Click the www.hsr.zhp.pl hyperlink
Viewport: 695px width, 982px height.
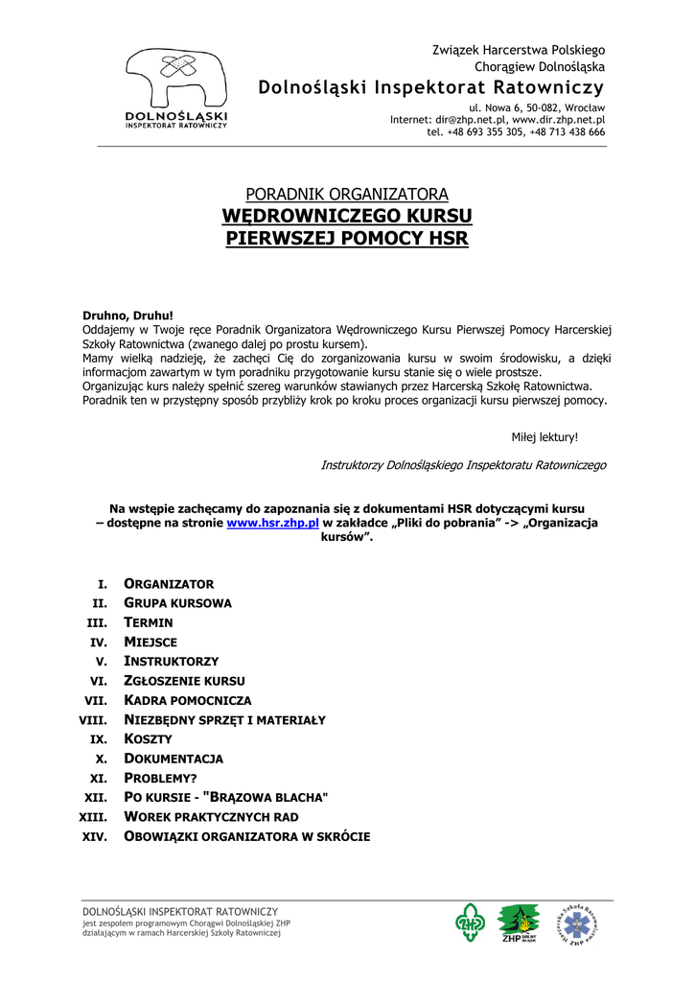point(272,523)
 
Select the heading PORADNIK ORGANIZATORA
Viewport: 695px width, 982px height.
point(347,195)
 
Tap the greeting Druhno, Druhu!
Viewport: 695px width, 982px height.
point(127,316)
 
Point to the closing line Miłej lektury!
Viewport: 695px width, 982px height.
point(544,437)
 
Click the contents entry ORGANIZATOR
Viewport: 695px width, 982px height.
point(169,584)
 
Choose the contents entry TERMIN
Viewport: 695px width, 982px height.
point(149,622)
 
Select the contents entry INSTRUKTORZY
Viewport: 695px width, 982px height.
point(172,662)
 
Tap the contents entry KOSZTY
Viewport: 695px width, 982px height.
point(149,739)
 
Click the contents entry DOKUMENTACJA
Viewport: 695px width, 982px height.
point(174,759)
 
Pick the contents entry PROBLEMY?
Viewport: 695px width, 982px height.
point(160,779)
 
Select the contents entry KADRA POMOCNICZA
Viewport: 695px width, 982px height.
point(188,701)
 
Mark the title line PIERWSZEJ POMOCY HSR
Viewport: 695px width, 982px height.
point(347,237)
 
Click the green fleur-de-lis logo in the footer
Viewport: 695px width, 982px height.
point(470,924)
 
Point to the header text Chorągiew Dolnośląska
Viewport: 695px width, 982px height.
point(540,67)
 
